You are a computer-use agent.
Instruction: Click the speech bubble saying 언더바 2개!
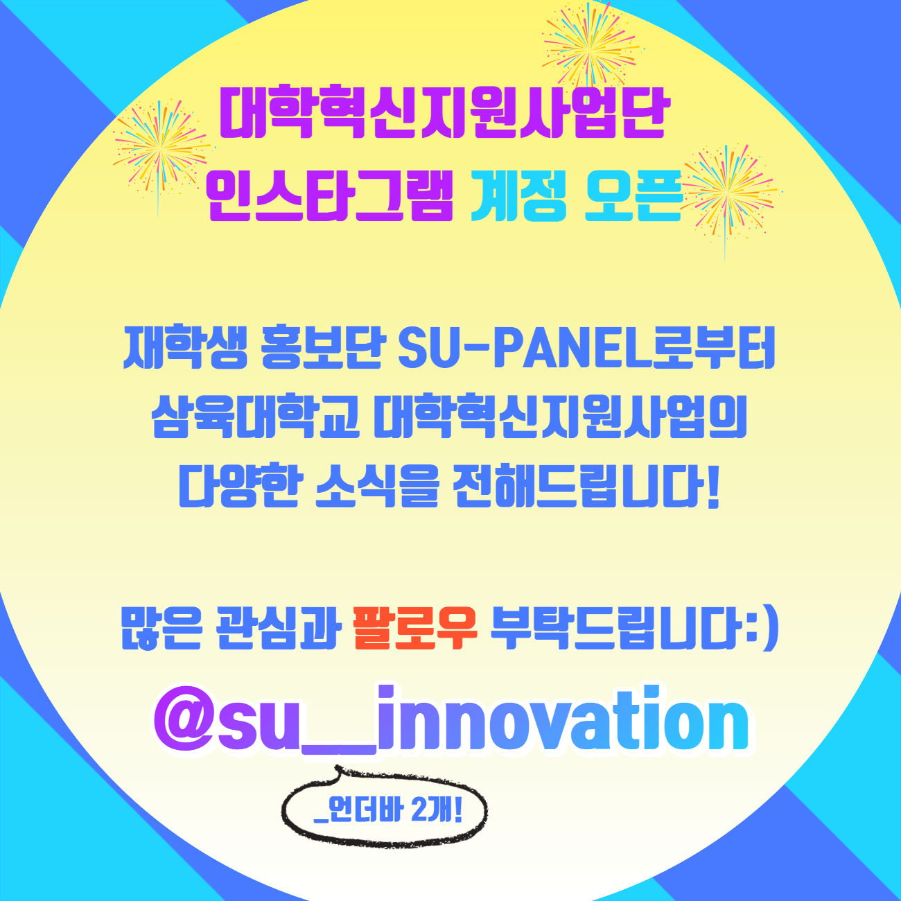(x=385, y=809)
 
